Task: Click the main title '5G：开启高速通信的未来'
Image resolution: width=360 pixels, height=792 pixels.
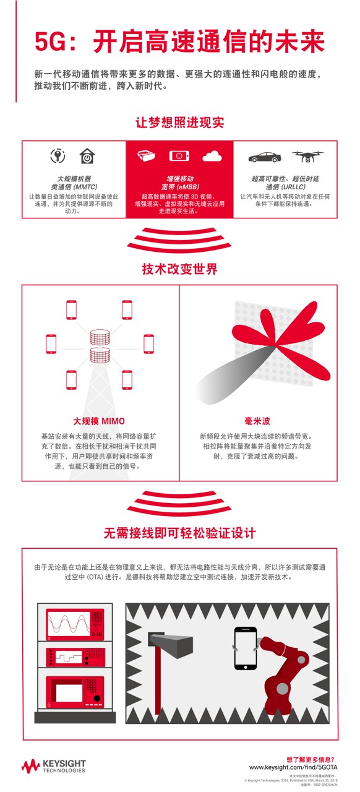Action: click(x=179, y=44)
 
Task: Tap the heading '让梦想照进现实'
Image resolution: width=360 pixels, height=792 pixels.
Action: click(x=179, y=123)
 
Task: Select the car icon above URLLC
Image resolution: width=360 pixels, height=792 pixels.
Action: click(x=264, y=157)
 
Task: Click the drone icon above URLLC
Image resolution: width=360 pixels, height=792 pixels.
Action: click(x=307, y=157)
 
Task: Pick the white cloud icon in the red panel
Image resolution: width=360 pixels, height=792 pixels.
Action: click(x=212, y=156)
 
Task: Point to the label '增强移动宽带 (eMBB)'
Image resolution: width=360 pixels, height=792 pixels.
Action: click(x=179, y=183)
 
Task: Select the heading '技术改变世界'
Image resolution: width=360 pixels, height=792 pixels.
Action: click(x=179, y=270)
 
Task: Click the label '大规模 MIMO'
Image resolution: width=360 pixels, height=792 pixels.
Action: click(x=99, y=421)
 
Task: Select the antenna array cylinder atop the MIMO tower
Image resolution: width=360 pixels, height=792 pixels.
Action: click(x=100, y=338)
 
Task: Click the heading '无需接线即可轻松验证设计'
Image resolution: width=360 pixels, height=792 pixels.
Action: click(x=179, y=533)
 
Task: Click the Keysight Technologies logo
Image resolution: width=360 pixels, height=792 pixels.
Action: click(x=54, y=765)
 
